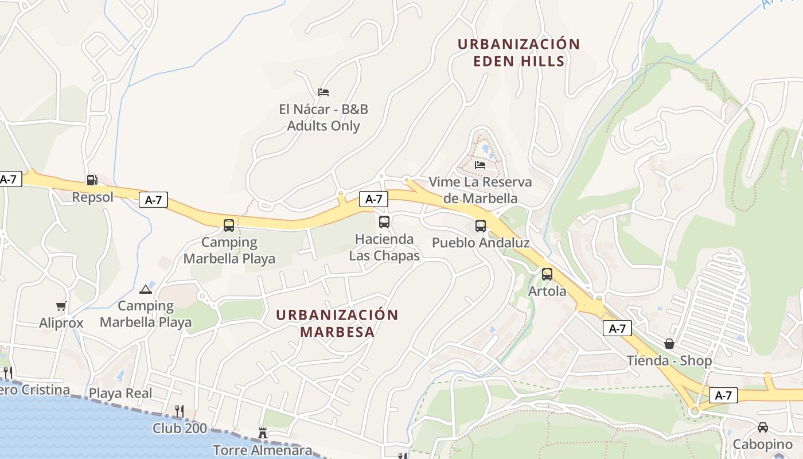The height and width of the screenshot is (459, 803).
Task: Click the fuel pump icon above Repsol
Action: pyautogui.click(x=92, y=180)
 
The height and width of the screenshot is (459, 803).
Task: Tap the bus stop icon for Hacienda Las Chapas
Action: pyautogui.click(x=384, y=221)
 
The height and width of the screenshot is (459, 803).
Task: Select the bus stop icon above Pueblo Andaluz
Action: pyautogui.click(x=481, y=225)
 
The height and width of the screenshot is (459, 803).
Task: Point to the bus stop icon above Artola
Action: pyautogui.click(x=547, y=274)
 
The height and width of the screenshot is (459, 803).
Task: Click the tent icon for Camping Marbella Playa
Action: pyautogui.click(x=145, y=289)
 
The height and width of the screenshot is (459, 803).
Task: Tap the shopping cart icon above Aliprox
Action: pyautogui.click(x=61, y=306)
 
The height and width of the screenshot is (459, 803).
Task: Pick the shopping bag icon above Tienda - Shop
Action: pyautogui.click(x=669, y=344)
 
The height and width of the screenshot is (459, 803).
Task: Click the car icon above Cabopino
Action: pyautogui.click(x=763, y=427)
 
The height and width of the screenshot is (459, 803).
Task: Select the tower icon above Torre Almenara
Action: pyautogui.click(x=263, y=433)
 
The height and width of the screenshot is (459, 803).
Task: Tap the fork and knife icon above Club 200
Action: pyautogui.click(x=180, y=411)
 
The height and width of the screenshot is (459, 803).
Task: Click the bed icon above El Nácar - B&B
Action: pyautogui.click(x=323, y=92)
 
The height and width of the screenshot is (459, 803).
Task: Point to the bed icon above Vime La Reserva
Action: pyautogui.click(x=480, y=165)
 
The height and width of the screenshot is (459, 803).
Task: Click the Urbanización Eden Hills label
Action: pyautogui.click(x=519, y=52)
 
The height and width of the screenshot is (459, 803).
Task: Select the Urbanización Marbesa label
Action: pyautogui.click(x=337, y=323)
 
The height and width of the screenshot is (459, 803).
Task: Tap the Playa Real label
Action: pyautogui.click(x=120, y=393)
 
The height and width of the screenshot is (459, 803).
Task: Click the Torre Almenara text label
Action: pyautogui.click(x=263, y=450)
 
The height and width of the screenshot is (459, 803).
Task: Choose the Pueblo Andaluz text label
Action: pyautogui.click(x=481, y=243)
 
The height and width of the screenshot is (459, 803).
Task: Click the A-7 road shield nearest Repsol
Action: pyautogui.click(x=153, y=200)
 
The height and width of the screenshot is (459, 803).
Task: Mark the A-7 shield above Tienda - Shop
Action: pyautogui.click(x=617, y=329)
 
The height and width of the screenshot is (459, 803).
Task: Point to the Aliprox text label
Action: pyautogui.click(x=61, y=323)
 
